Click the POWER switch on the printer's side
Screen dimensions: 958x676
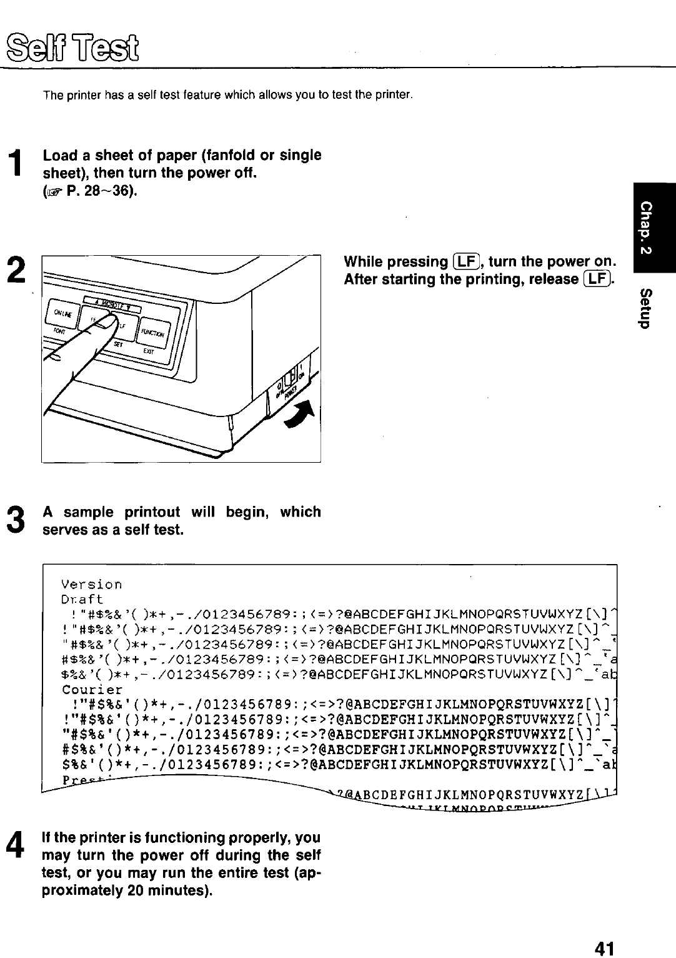click(x=289, y=381)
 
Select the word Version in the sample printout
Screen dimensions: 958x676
click(x=91, y=585)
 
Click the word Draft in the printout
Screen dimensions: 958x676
click(x=82, y=599)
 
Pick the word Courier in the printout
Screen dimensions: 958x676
click(x=92, y=690)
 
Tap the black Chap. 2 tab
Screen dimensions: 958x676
click(x=652, y=227)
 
